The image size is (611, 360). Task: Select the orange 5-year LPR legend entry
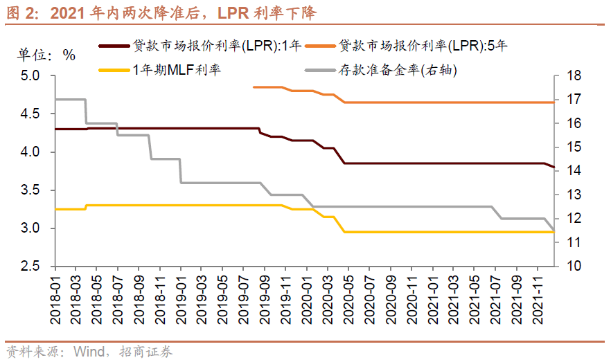click(x=423, y=46)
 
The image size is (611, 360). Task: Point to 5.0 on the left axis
click(x=31, y=75)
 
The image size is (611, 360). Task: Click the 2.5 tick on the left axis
click(x=31, y=267)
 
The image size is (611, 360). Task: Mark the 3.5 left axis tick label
click(x=31, y=190)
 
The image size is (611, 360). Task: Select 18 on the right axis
click(x=576, y=75)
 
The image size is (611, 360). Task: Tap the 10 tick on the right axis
click(x=576, y=267)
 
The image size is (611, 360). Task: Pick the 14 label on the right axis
click(x=576, y=171)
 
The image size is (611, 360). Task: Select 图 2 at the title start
click(x=24, y=12)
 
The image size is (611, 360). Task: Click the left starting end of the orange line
click(x=254, y=87)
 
